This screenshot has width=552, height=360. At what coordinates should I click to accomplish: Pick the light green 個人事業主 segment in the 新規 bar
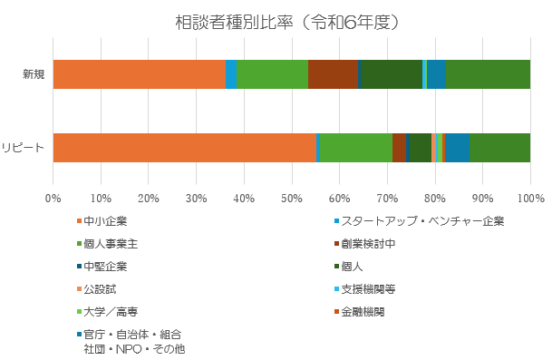[272, 73]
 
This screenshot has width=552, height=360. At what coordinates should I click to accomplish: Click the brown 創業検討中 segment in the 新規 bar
[332, 73]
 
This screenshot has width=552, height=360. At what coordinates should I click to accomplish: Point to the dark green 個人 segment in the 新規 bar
[391, 73]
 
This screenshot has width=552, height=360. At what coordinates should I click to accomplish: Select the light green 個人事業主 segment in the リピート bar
[356, 147]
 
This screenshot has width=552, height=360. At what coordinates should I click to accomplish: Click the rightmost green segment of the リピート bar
[499, 147]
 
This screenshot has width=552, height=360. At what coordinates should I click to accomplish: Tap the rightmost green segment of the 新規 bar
[488, 73]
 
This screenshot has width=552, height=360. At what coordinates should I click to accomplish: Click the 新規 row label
[34, 73]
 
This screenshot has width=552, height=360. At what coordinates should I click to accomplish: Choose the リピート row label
[24, 147]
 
